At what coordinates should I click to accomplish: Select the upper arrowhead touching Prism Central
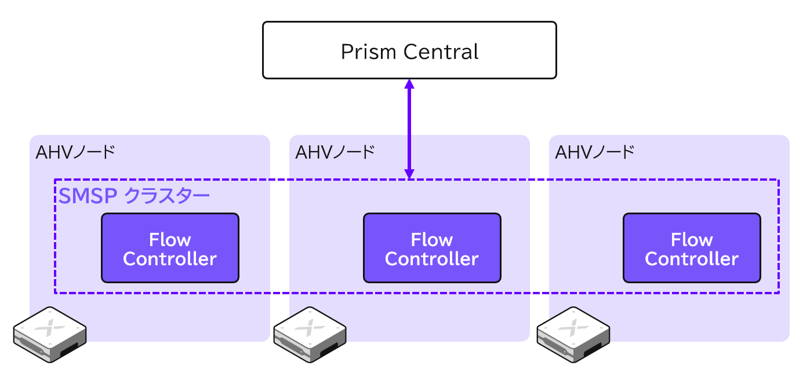pos(409,84)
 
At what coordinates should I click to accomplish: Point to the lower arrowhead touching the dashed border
pos(409,173)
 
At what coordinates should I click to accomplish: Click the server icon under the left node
pos(50,335)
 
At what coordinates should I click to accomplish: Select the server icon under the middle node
pos(310,335)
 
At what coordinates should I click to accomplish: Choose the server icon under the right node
pos(574,335)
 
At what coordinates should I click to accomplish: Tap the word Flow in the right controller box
pos(692,240)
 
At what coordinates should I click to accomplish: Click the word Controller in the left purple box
pos(170,259)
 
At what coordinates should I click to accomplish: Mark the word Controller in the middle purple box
pos(432,259)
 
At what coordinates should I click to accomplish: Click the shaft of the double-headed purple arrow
pos(409,129)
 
